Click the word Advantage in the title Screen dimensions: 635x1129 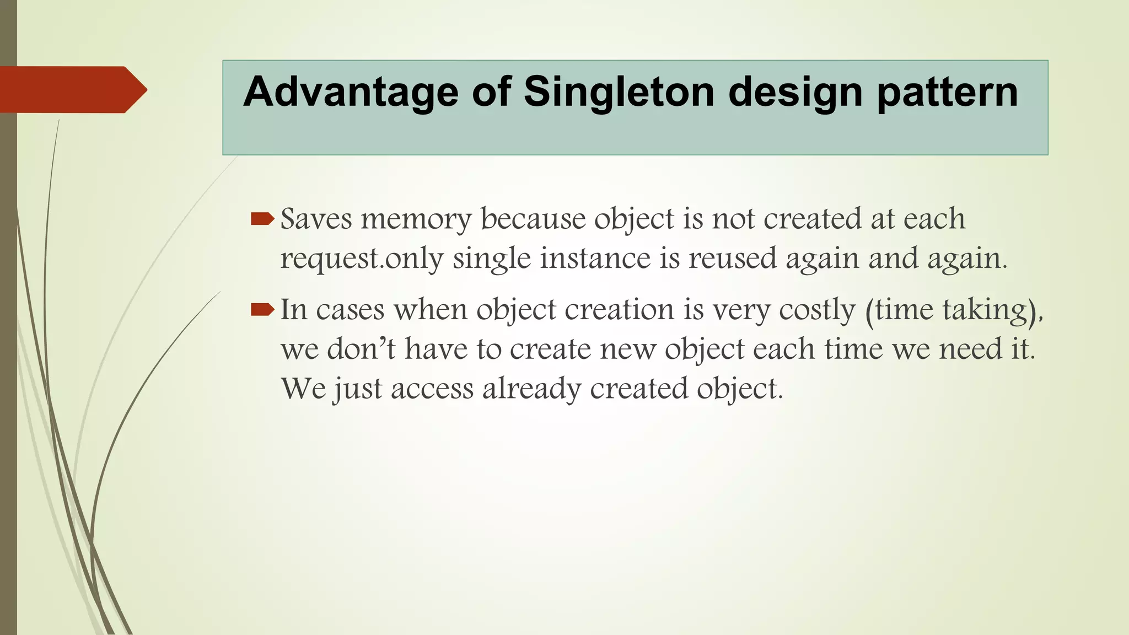351,92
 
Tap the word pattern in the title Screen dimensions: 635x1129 947,92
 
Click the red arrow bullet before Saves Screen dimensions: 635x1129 262,219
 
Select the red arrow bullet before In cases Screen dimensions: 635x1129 262,310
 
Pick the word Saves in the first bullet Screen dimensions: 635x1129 316,219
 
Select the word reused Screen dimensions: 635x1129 732,259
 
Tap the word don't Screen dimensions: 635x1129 361,349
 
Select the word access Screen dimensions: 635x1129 432,389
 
